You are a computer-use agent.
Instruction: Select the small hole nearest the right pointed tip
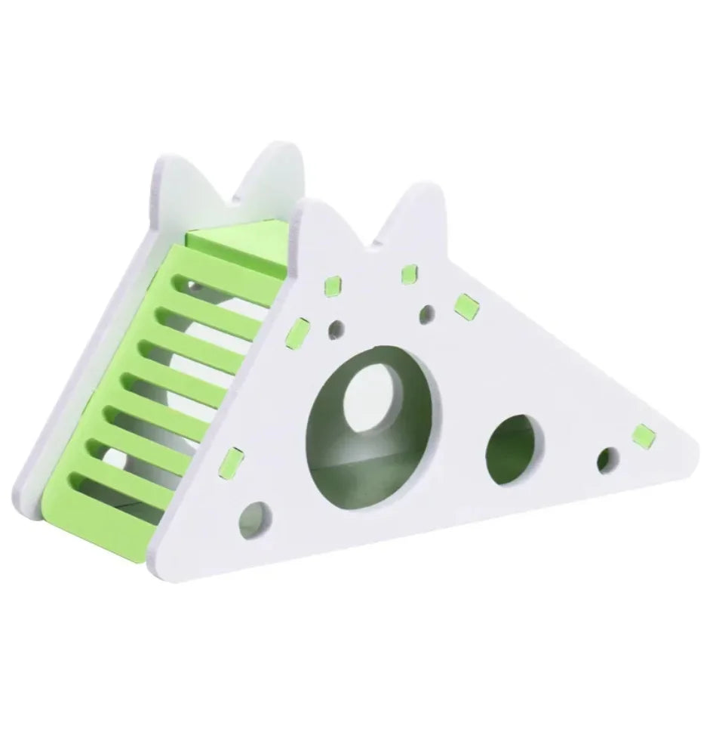pos(607,458)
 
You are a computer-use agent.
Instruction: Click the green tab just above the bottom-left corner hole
pos(235,459)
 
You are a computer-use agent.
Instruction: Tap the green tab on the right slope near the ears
pos(466,304)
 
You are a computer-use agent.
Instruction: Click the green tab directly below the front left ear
pos(331,286)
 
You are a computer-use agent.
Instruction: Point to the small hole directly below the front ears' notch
pos(427,312)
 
